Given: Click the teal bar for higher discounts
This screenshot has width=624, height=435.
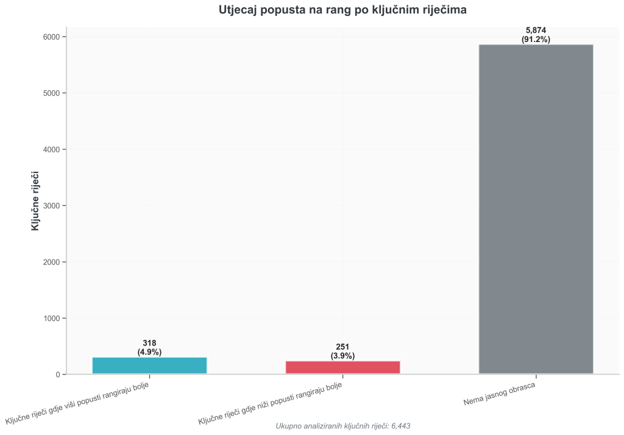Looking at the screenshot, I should point(149,366).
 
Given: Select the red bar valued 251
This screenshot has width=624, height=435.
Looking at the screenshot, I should point(342,367).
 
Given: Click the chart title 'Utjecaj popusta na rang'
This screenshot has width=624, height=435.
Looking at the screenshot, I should point(342,10).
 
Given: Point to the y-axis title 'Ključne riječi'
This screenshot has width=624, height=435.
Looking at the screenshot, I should point(35,200).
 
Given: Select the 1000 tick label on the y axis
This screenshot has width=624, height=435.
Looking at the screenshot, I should point(51,319).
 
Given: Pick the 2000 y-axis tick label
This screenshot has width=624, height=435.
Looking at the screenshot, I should point(51,262).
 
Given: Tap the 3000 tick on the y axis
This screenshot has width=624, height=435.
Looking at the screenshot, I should point(51,206).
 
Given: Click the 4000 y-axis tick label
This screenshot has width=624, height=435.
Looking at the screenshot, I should point(51,149).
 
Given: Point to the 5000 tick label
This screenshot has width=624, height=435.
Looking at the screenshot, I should point(51,93).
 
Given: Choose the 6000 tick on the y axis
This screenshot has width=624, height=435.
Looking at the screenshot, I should point(51,37).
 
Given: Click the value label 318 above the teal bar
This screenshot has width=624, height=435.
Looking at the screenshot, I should point(149,344).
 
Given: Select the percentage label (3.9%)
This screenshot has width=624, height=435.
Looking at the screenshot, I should point(342,356).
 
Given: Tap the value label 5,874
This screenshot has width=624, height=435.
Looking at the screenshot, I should point(536,30).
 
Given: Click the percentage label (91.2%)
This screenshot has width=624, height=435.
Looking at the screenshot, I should point(536,40).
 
